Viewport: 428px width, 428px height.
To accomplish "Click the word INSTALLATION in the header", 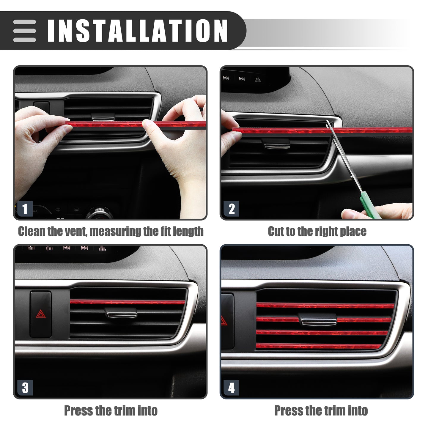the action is (x=138, y=31).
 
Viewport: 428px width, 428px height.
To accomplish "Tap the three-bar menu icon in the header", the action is (x=24, y=31).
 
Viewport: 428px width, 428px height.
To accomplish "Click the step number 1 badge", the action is (x=25, y=209).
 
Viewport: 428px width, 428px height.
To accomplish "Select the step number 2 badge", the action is (x=231, y=209).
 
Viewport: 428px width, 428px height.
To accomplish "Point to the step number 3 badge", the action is (x=25, y=388).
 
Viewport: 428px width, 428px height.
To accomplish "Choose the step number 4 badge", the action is (x=231, y=388).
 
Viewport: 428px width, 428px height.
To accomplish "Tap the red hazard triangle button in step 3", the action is (x=41, y=314).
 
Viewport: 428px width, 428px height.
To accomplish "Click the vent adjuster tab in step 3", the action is (x=121, y=313).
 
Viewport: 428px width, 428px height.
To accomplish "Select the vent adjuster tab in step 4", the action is (x=317, y=320).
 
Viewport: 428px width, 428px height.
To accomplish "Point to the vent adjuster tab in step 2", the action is (x=276, y=144).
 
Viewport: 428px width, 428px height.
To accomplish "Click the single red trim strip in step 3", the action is (x=128, y=302).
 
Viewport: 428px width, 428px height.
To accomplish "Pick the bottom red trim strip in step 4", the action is (x=319, y=346).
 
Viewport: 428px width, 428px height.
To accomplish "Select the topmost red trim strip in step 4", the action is (x=325, y=306).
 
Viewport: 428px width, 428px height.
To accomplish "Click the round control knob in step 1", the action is (x=99, y=214).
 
